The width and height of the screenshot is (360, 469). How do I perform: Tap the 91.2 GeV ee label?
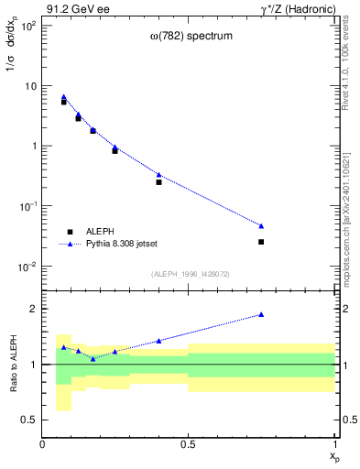(x=74, y=8)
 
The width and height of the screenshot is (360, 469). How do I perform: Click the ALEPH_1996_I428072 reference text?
(x=189, y=273)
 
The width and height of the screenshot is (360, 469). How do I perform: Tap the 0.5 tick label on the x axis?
(x=189, y=445)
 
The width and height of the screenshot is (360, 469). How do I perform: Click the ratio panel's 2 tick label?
(x=33, y=310)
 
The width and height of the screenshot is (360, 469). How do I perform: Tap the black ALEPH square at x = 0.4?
(x=158, y=182)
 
